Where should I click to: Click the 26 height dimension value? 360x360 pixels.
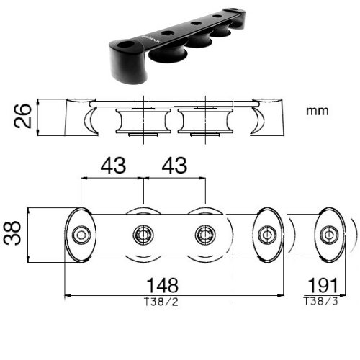pos(23,116)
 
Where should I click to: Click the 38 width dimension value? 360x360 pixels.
pos(12,233)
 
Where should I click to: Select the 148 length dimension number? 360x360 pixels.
pos(163,285)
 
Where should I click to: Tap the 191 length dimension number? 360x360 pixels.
pos(323,285)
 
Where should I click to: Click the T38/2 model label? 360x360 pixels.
pos(161,302)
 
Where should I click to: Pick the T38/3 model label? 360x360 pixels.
pos(321,301)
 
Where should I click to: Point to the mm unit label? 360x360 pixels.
pos(318,111)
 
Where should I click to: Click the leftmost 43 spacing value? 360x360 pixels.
pos(113,166)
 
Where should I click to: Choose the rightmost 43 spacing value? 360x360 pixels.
pos(174,166)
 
